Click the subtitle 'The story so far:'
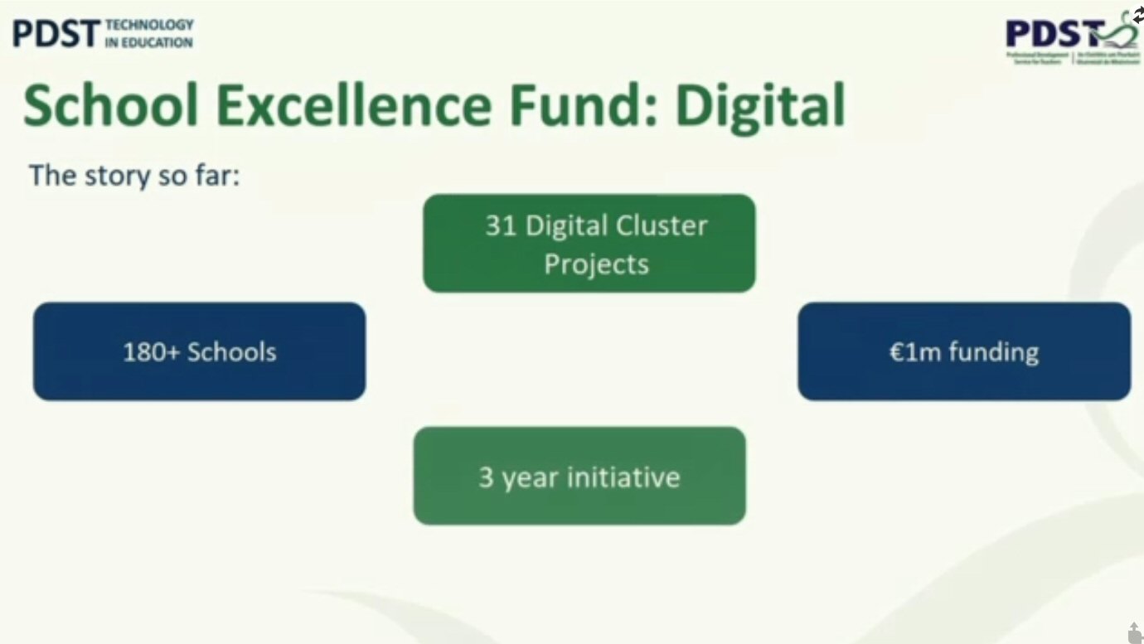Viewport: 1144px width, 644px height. point(134,175)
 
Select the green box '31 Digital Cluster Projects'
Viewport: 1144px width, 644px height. point(589,243)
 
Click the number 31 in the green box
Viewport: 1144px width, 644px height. point(501,225)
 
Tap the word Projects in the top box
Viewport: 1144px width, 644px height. point(596,264)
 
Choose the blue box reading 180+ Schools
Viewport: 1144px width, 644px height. point(199,351)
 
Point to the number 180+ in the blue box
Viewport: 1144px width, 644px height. point(151,351)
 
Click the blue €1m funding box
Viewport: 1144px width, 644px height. point(963,351)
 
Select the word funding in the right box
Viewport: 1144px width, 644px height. point(993,352)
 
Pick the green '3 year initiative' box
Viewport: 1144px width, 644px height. point(579,476)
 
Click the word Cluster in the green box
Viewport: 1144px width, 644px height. point(661,225)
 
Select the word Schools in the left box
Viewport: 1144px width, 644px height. point(231,351)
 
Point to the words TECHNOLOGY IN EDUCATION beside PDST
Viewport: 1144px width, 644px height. point(149,34)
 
